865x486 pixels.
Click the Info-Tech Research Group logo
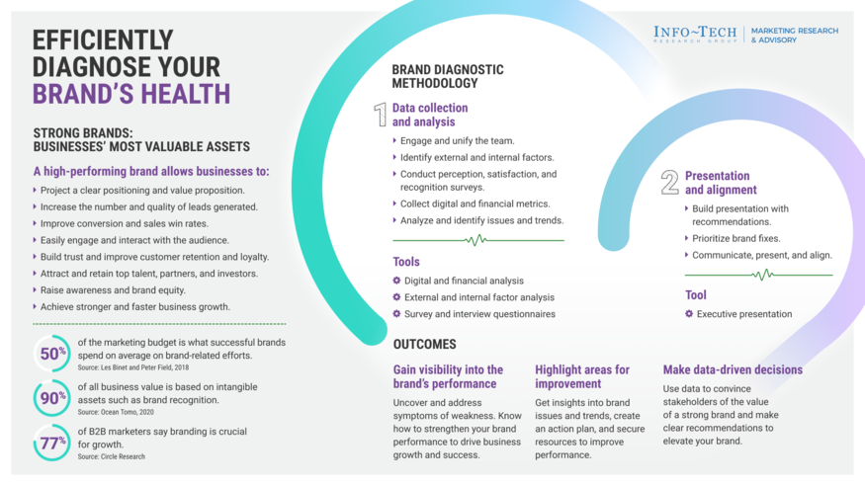694,34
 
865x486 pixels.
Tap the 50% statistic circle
52,354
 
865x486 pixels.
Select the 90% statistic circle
52,398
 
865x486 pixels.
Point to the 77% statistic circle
52,442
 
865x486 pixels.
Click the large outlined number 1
380,115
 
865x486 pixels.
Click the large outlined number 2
669,183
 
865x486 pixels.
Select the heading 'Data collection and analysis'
430,115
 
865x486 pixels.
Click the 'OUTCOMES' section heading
424,345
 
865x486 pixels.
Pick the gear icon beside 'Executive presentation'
689,314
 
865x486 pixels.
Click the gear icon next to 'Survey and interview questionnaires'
396,314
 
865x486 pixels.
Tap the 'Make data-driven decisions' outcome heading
733,370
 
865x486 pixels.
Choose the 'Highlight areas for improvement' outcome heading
582,376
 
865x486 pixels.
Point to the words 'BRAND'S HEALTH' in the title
131,93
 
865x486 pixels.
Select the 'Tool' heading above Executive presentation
696,294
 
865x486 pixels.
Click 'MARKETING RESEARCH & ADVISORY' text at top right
794,35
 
